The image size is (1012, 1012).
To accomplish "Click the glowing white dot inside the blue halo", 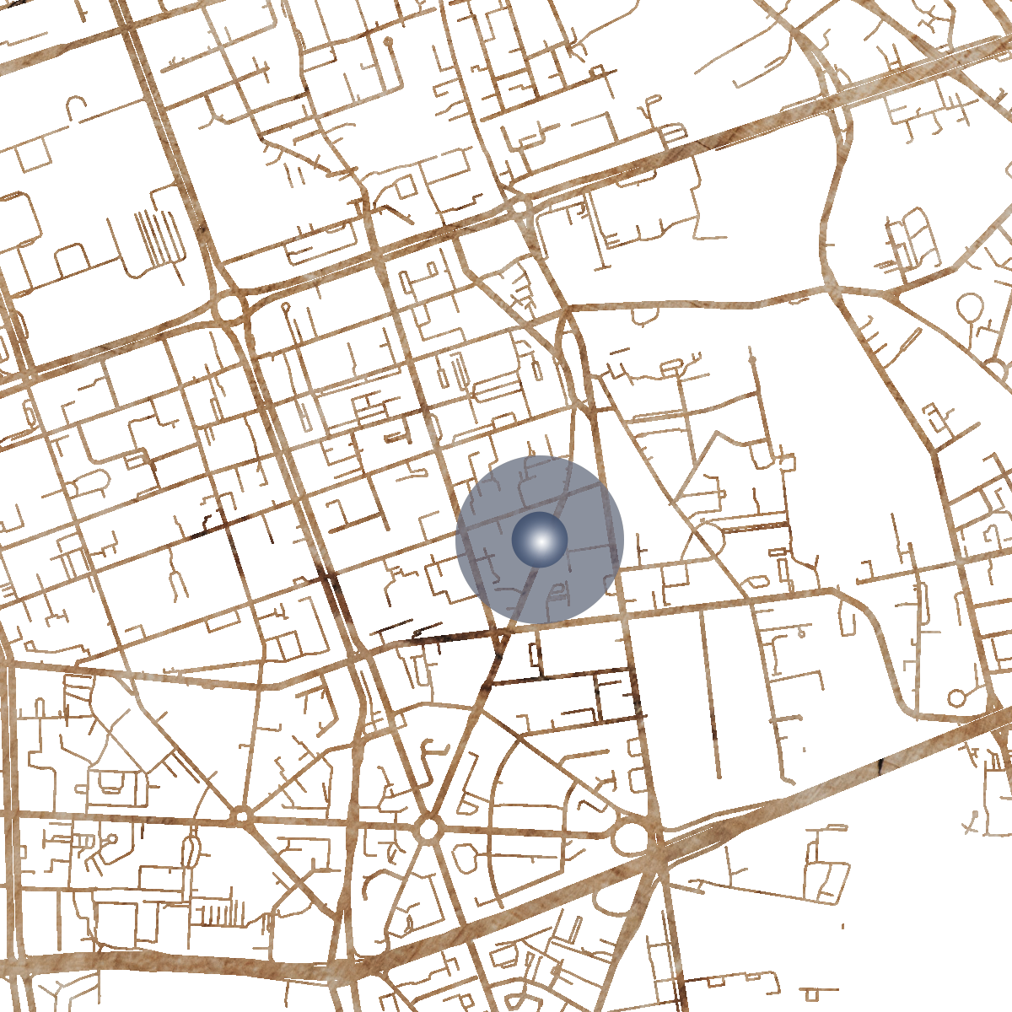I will click(x=540, y=540).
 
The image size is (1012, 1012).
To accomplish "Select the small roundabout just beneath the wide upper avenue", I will click(x=520, y=205).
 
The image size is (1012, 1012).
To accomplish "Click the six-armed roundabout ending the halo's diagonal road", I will click(x=428, y=828).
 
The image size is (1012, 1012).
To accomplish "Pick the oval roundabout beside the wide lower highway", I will click(x=632, y=837).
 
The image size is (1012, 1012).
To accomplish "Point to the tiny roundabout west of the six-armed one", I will click(x=242, y=816).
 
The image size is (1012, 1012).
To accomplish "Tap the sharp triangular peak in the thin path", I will click(x=716, y=435).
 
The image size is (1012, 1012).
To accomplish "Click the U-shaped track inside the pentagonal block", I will click(x=110, y=784).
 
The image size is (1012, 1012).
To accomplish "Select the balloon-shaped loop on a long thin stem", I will click(x=387, y=42).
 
